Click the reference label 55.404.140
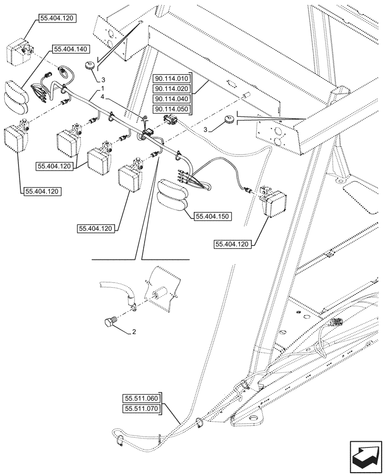point(72,49)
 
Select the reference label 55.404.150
point(212,217)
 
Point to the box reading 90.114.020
point(171,89)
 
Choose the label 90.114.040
point(171,99)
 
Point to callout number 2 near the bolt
point(134,332)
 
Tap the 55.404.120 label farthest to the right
point(233,244)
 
